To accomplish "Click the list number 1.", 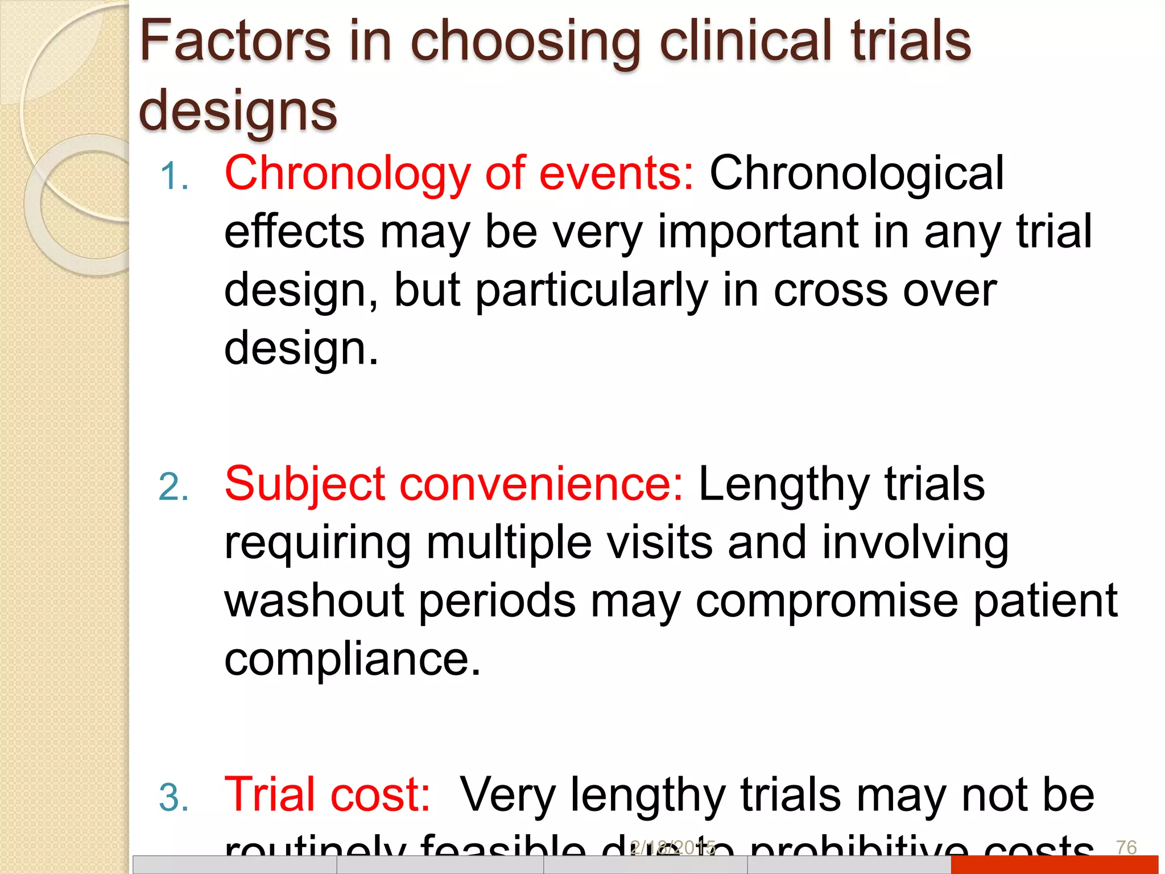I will [173, 176].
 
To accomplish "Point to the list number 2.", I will [173, 487].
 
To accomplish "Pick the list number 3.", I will [173, 797].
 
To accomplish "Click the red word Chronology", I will [347, 174].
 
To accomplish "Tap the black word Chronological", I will [857, 174].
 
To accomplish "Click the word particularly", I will [592, 290].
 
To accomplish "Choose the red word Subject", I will [304, 484].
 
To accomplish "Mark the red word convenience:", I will [541, 484].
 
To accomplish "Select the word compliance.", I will [352, 659].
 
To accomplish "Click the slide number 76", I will [1126, 848].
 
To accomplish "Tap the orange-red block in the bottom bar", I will [1054, 864].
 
